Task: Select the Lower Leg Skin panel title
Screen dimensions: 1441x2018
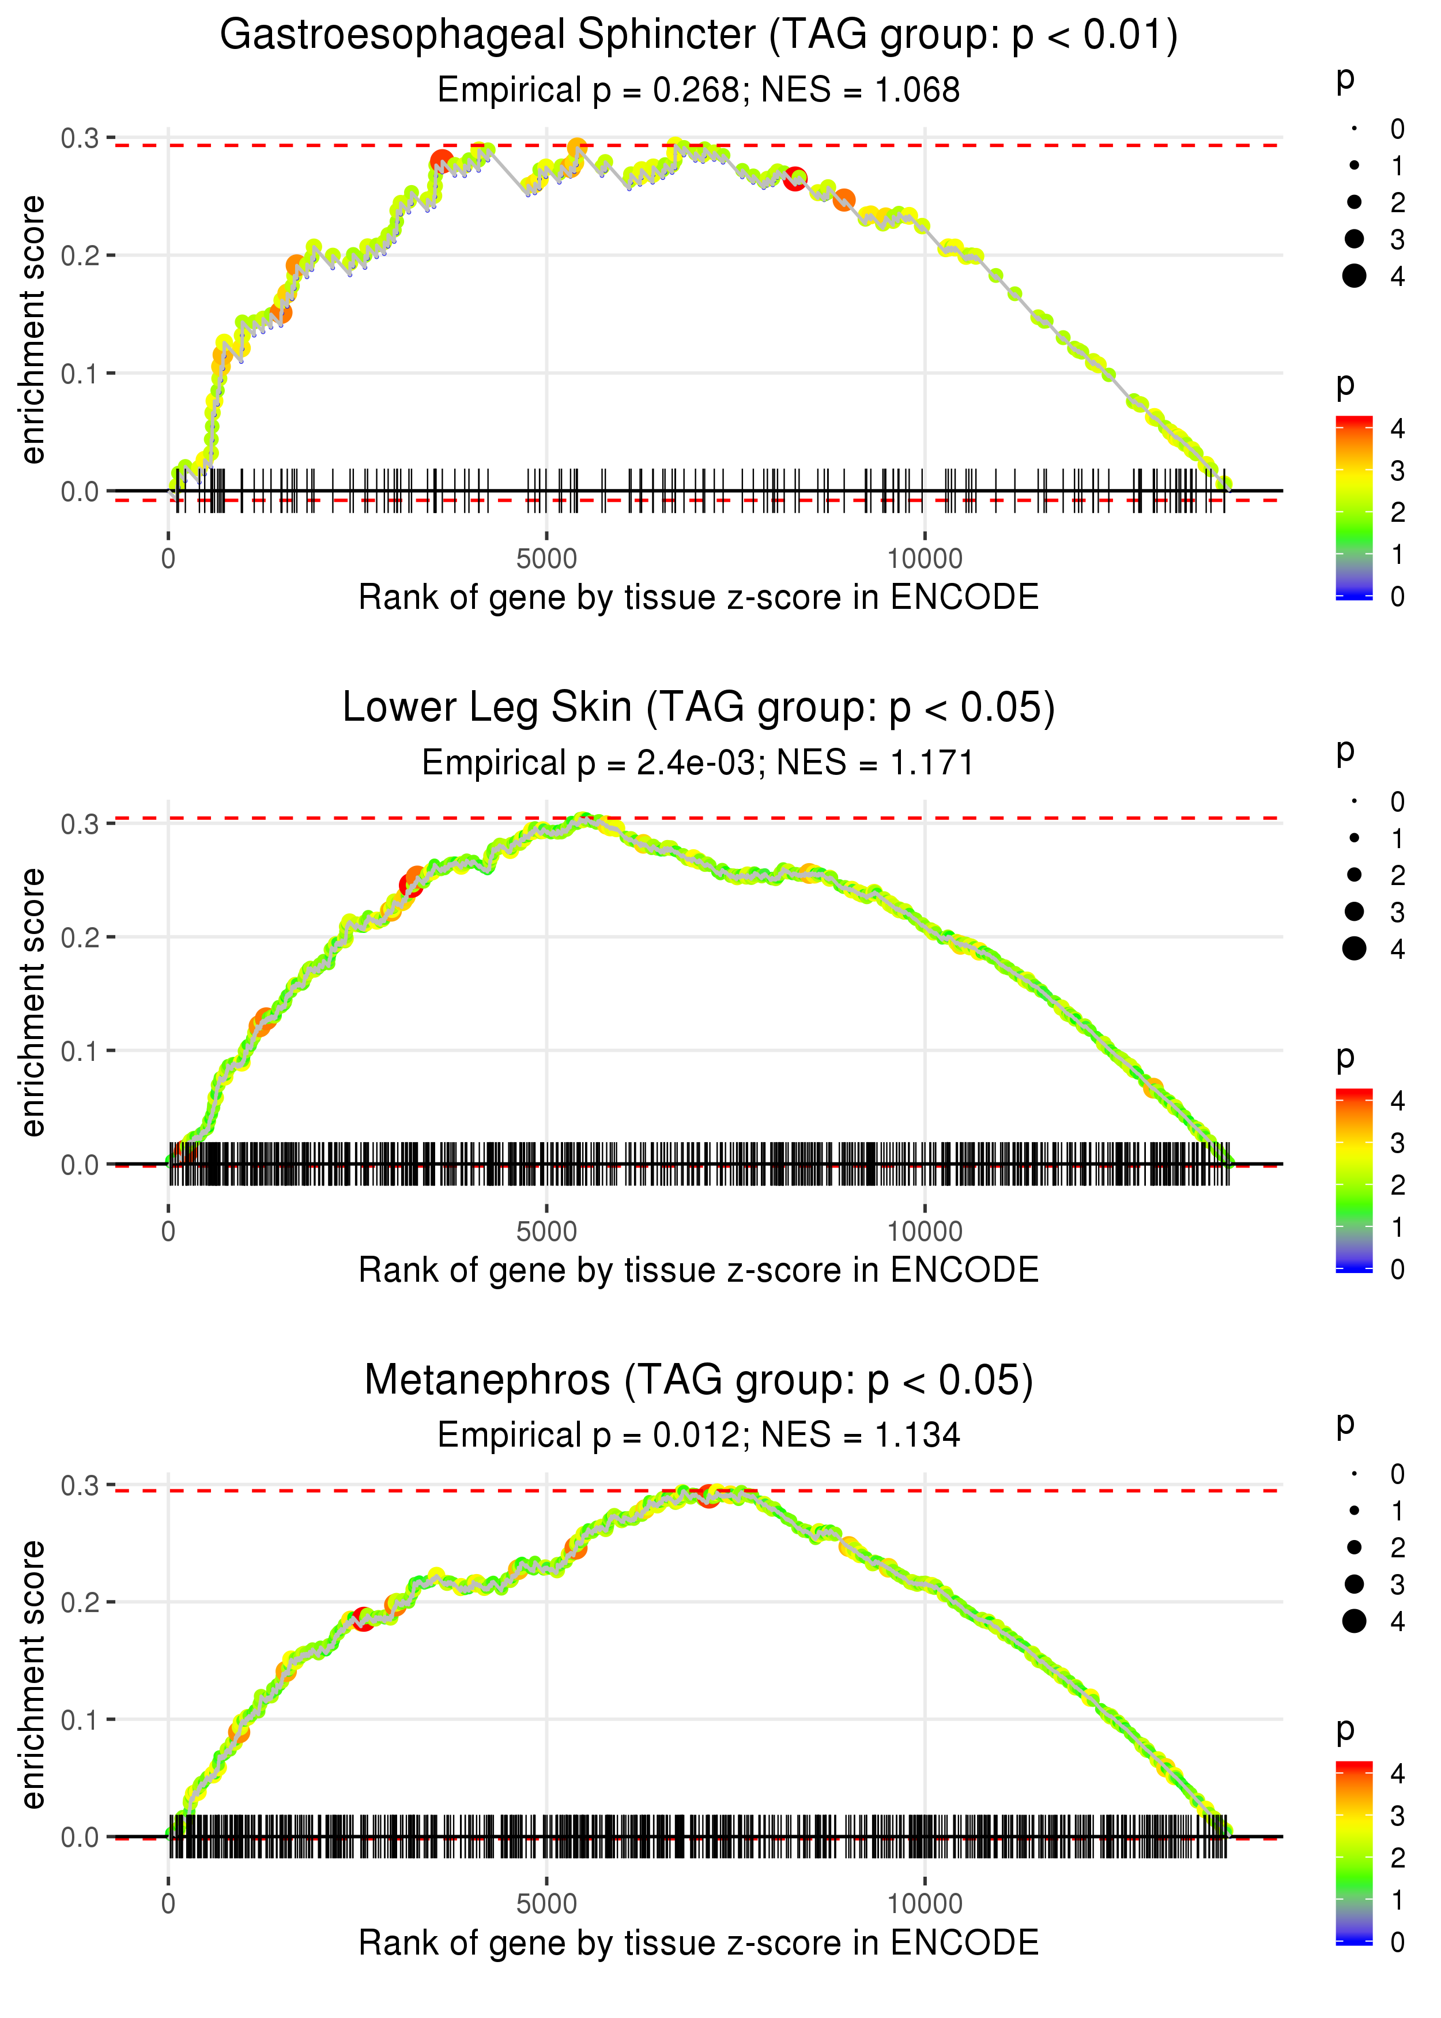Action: click(x=699, y=707)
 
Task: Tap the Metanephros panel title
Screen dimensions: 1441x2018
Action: click(x=699, y=1380)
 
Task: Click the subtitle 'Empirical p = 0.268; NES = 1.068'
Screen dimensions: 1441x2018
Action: click(x=699, y=91)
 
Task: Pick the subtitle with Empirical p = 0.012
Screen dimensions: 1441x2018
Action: click(x=699, y=1435)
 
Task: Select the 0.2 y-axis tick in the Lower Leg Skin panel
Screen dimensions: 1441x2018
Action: click(x=80, y=937)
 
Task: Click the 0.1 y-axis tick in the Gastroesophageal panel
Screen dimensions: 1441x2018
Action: click(x=80, y=374)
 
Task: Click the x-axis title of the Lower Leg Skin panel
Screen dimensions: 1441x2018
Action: click(x=699, y=1270)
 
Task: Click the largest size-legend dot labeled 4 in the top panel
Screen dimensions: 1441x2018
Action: click(x=1354, y=276)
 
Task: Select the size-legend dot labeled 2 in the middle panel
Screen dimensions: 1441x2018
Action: click(x=1354, y=875)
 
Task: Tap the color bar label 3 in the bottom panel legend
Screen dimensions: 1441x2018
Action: click(x=1398, y=1816)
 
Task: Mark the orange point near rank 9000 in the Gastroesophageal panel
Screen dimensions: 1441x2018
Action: click(x=844, y=199)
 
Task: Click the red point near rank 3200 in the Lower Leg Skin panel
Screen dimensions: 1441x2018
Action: click(x=410, y=885)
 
